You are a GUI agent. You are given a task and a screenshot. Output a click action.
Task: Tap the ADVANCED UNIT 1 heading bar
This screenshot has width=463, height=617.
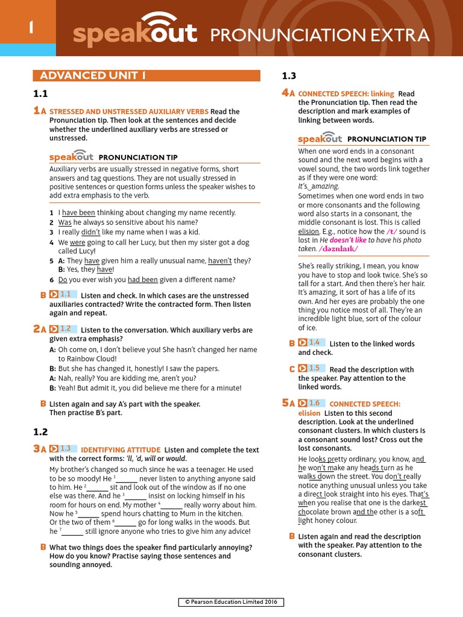click(x=146, y=75)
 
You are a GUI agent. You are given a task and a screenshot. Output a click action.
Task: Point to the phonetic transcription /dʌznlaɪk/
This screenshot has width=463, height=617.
click(x=338, y=248)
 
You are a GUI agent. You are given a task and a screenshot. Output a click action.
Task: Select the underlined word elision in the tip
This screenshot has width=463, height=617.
click(x=308, y=231)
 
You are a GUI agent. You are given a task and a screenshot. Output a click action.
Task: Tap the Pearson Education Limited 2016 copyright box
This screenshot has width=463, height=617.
click(x=231, y=602)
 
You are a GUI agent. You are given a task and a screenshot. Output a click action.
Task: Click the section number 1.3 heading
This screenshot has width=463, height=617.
click(x=289, y=76)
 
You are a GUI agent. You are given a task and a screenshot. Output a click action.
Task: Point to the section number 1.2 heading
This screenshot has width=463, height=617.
click(x=41, y=432)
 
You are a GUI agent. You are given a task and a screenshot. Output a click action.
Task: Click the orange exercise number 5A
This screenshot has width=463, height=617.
click(x=288, y=403)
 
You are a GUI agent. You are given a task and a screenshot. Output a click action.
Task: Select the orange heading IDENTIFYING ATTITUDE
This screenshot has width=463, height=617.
click(x=121, y=450)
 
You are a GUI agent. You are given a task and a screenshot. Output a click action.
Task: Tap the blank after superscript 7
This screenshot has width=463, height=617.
click(x=72, y=531)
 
